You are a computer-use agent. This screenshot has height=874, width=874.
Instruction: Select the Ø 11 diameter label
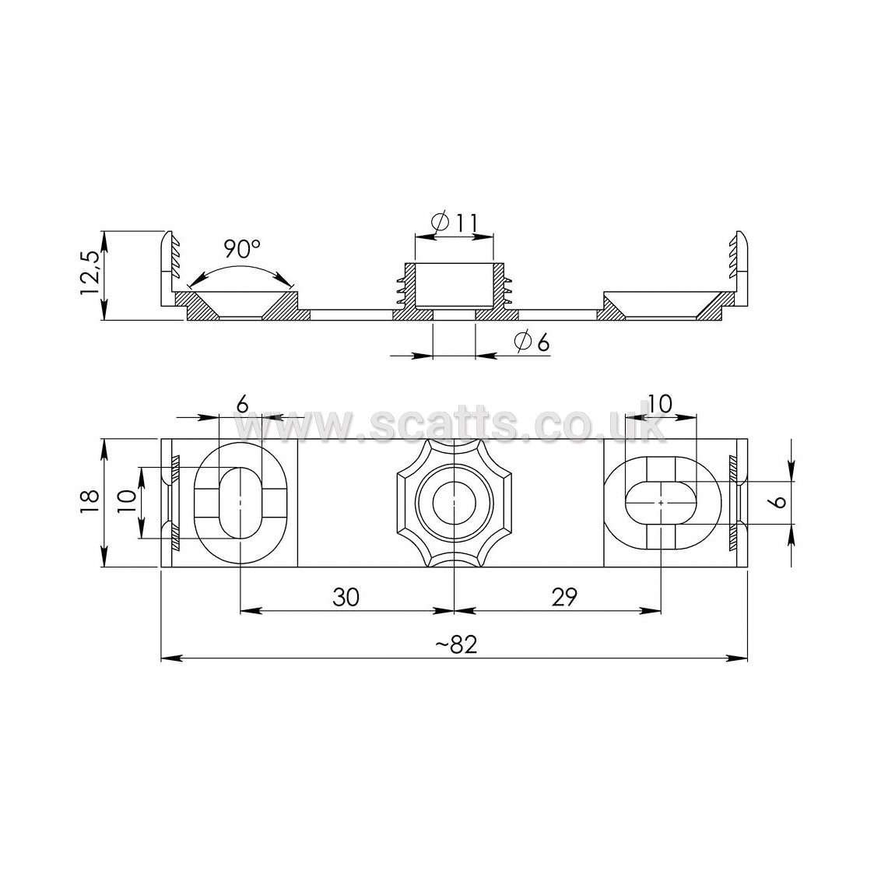point(455,223)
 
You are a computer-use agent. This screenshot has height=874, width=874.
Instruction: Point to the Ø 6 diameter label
point(532,342)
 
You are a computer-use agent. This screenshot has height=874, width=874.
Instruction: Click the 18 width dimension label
point(90,500)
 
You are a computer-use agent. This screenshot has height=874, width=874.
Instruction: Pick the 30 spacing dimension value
point(346,597)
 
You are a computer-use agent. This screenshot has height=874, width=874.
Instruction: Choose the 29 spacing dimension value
point(564,597)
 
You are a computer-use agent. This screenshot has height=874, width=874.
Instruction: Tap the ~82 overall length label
point(456,644)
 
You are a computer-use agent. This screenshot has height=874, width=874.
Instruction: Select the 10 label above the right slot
point(659,404)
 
